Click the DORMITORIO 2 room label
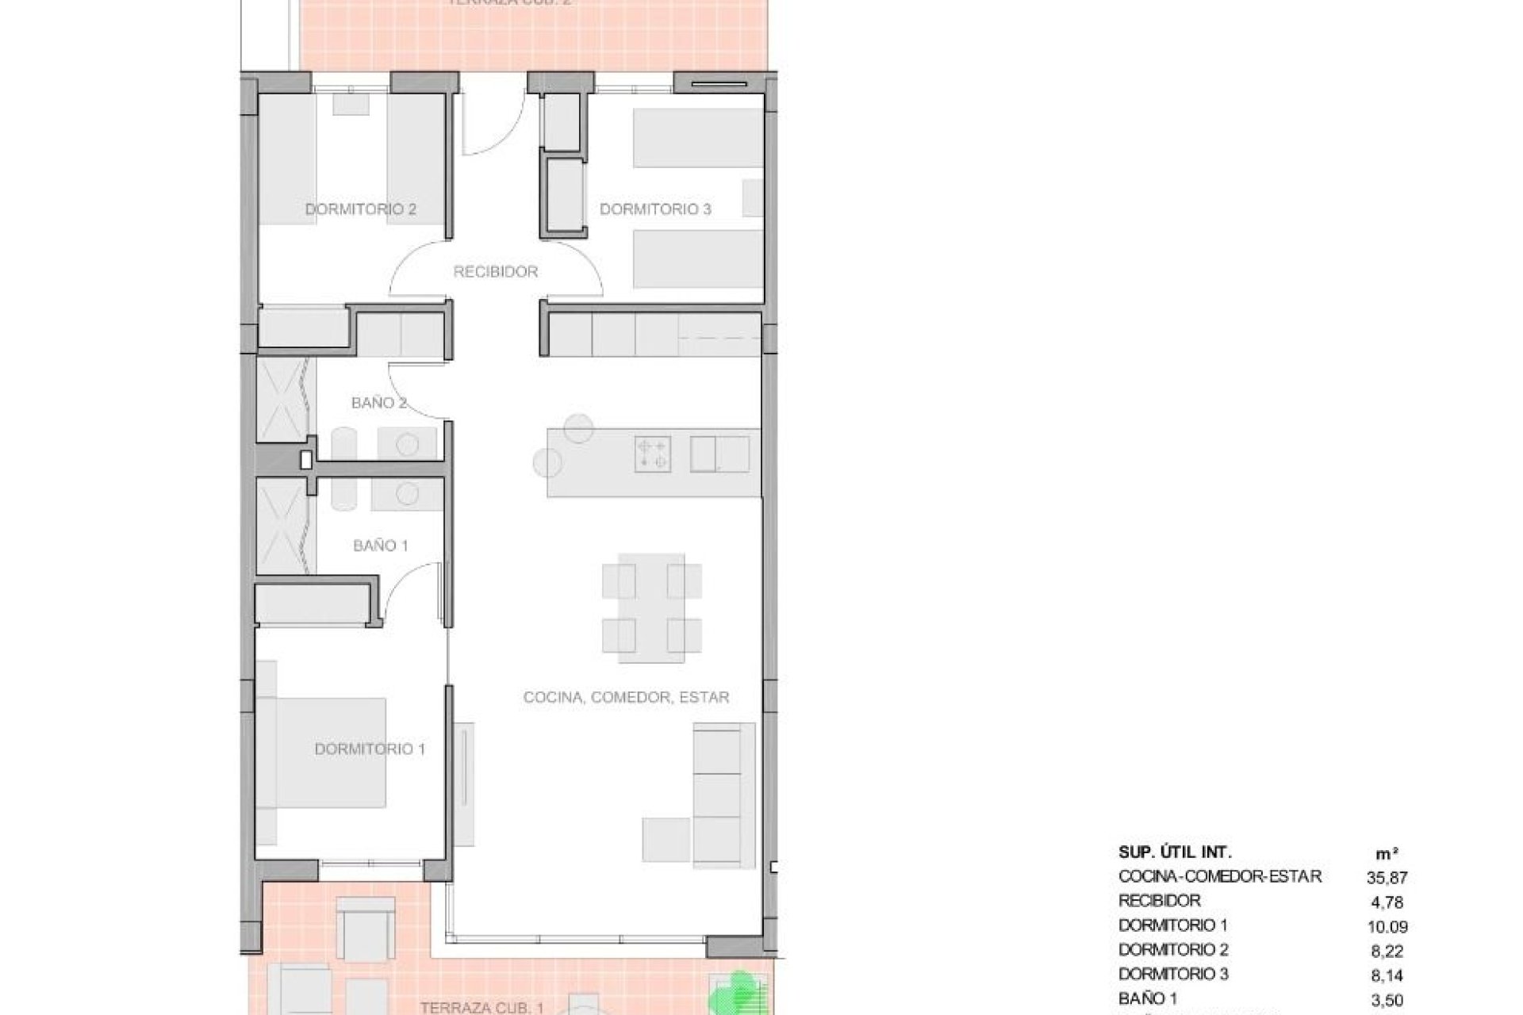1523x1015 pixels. point(361,209)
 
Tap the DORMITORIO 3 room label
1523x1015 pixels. point(655,209)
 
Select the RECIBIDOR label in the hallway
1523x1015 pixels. point(496,272)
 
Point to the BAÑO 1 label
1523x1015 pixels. point(381,546)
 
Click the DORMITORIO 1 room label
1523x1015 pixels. point(370,749)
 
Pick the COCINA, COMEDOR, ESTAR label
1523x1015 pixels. point(626,697)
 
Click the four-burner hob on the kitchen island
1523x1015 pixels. point(653,452)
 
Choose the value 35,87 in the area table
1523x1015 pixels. point(1387,878)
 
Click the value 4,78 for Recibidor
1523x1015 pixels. point(1387,902)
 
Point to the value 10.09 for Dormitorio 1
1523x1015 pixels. point(1387,926)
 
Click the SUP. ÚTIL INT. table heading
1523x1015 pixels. point(1175,852)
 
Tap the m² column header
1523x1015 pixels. point(1387,854)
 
